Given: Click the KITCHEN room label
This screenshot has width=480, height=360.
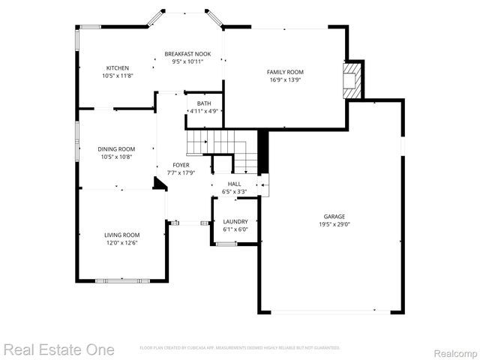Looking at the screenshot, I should pos(117,68).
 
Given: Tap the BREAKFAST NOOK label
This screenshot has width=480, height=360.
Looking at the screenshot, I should pos(187,54).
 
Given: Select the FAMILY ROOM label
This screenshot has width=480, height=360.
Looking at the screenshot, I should pos(285,72).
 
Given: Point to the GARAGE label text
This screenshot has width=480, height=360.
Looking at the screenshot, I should pos(334,216).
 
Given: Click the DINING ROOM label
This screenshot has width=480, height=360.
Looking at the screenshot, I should pos(116,149).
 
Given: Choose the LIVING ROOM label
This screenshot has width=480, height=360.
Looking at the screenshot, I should pos(121,235).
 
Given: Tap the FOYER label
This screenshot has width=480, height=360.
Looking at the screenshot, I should pos(181,165).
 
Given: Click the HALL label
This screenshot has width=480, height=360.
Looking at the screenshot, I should pos(234,184).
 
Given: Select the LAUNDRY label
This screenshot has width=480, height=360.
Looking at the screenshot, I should pos(235,222).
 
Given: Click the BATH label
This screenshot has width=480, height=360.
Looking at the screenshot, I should pos(204,103).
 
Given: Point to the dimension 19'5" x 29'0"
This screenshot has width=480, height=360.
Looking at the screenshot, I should pos(334,223).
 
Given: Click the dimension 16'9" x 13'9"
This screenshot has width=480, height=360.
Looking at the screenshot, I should pos(285,79).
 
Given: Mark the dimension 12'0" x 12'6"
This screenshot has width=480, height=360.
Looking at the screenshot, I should pos(121,242).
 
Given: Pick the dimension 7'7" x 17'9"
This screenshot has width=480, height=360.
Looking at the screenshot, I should pos(181,172).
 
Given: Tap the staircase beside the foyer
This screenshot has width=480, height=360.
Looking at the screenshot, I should pos(221,146).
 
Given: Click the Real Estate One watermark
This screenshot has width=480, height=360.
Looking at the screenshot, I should pos(59,349).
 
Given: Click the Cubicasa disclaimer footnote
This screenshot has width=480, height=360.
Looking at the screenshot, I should pos(240,348).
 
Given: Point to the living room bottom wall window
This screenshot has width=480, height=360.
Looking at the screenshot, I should pos(121,280).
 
